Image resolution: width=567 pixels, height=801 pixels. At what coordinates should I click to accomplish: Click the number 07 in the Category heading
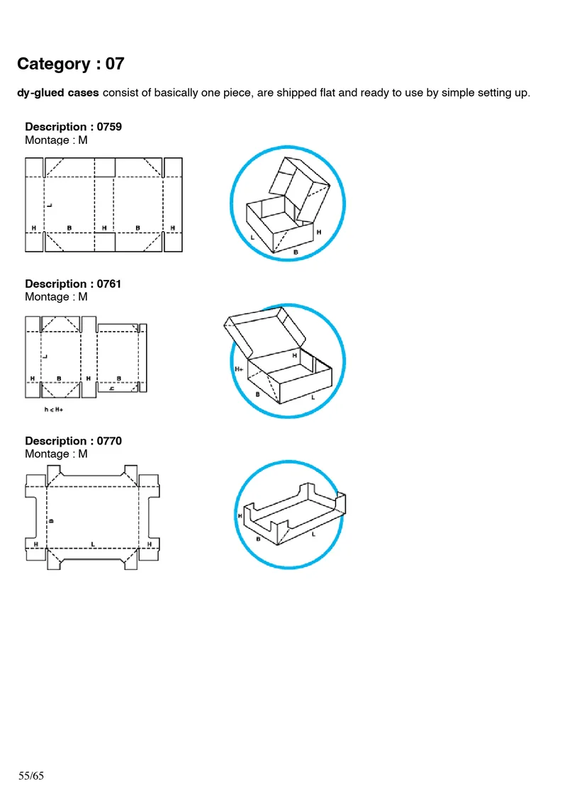pyautogui.click(x=115, y=64)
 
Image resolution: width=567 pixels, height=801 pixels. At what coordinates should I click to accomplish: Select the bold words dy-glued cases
pyautogui.click(x=57, y=94)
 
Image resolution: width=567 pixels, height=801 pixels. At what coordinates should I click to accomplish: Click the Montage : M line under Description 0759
pyautogui.click(x=56, y=140)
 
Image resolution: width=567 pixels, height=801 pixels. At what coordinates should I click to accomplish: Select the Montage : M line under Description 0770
pyautogui.click(x=56, y=454)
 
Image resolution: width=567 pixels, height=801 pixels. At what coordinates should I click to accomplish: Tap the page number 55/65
pyautogui.click(x=31, y=775)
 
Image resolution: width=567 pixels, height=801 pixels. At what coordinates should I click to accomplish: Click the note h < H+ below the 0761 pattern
pyautogui.click(x=54, y=410)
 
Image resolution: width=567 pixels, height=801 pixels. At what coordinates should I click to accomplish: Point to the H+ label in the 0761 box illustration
pyautogui.click(x=239, y=369)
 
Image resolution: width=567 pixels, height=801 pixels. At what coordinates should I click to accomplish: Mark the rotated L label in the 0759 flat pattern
pyautogui.click(x=50, y=204)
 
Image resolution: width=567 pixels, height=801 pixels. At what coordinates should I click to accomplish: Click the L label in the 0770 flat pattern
pyautogui.click(x=92, y=544)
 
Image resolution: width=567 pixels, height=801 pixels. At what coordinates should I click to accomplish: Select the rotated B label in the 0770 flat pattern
pyautogui.click(x=50, y=520)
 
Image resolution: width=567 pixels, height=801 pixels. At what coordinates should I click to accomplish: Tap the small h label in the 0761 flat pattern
pyautogui.click(x=111, y=388)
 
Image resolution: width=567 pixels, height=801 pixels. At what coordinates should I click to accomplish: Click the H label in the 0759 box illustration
pyautogui.click(x=319, y=232)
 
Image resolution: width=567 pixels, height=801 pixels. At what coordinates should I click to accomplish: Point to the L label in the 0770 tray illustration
pyautogui.click(x=313, y=534)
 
